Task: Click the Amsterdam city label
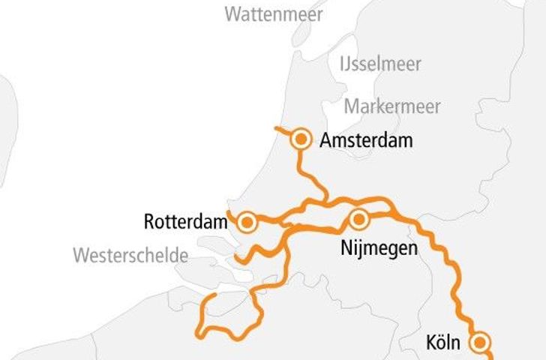[365, 140]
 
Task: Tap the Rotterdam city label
[185, 222]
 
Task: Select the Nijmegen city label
[377, 248]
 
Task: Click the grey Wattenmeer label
[274, 14]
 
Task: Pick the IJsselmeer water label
[380, 63]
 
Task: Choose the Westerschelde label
[130, 255]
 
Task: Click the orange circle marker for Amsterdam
[301, 139]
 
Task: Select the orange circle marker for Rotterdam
[247, 223]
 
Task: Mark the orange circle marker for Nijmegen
[358, 220]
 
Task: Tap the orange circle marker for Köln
[480, 343]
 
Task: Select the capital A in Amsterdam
[325, 140]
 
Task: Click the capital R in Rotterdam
[149, 222]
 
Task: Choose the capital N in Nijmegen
[343, 248]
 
